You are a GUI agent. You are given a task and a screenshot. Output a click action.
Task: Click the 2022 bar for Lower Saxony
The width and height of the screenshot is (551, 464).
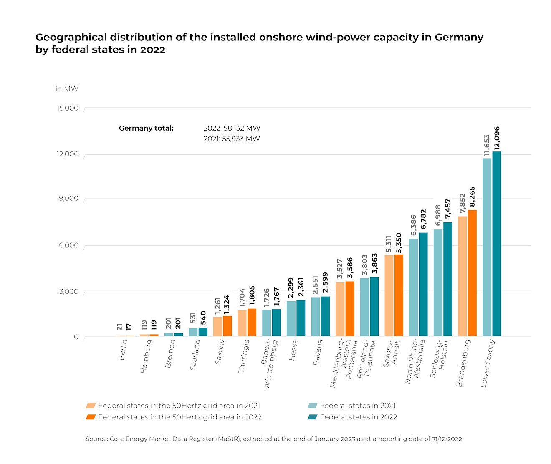coord(497,244)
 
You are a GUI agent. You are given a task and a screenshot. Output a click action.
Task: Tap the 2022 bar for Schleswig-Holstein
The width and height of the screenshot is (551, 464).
coord(447,279)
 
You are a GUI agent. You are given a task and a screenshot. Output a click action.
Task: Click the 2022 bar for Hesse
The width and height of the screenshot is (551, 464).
coord(301,318)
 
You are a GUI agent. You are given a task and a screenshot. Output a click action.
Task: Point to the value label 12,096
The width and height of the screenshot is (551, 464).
coord(497,138)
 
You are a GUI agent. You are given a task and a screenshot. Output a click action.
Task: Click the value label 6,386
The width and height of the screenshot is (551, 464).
coord(413,225)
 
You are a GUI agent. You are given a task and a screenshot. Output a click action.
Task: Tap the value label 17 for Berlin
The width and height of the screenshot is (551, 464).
coord(129,327)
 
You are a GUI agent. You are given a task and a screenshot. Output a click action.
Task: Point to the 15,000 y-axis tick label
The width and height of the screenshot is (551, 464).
coord(68,108)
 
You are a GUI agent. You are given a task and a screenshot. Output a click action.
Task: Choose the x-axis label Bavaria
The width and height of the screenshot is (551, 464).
coord(318,353)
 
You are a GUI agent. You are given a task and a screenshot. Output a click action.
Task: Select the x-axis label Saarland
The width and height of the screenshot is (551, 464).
coord(195,355)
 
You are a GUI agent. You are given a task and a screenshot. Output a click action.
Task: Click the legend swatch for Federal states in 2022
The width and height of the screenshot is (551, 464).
coord(312,417)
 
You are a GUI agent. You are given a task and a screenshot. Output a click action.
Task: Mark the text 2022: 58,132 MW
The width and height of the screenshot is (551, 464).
coord(232,128)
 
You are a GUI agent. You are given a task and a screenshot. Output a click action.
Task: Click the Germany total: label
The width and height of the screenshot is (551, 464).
coord(146,128)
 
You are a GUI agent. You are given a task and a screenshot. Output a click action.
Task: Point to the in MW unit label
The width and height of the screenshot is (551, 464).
coord(67,89)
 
